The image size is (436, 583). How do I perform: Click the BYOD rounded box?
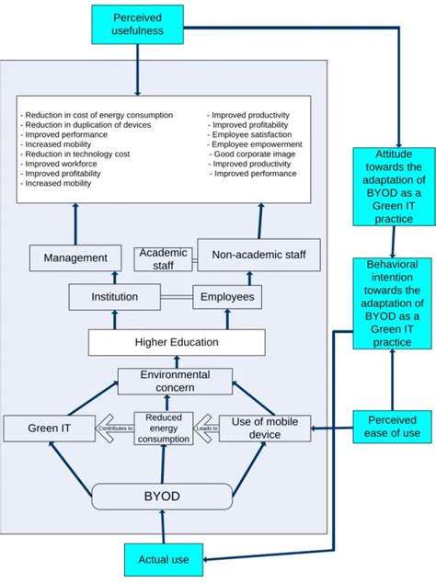pos(162,496)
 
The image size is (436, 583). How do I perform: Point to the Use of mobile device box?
pos(265,428)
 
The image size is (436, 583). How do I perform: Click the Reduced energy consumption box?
pos(164,428)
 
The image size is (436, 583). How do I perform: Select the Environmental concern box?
pos(175,382)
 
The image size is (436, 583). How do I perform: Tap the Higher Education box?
pos(177,342)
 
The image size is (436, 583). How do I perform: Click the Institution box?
pos(114,297)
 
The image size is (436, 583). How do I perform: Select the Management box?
pos(75,257)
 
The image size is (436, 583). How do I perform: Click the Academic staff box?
pos(163,258)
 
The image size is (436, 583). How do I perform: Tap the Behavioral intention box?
pos(393,303)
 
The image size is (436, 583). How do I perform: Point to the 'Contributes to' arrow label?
pos(116,429)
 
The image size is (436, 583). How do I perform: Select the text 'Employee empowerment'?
pos(256,145)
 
